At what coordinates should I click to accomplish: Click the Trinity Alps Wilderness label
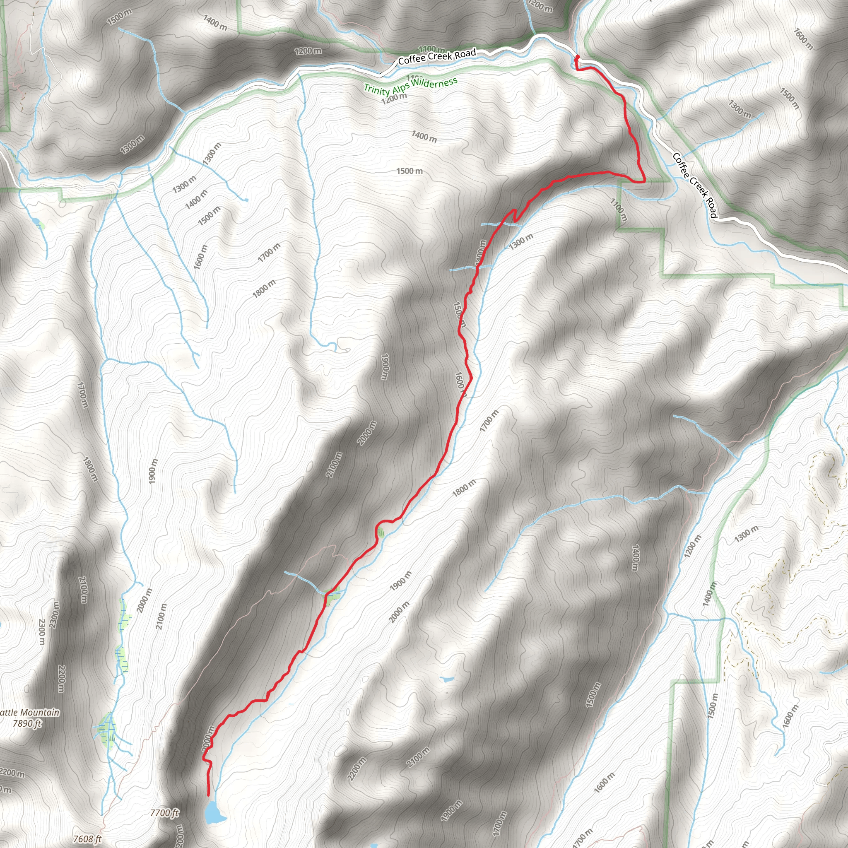pyautogui.click(x=410, y=86)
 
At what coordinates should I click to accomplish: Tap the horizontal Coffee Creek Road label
pyautogui.click(x=437, y=57)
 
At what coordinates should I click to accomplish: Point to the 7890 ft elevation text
pyautogui.click(x=27, y=723)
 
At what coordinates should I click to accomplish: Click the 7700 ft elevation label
pyautogui.click(x=164, y=812)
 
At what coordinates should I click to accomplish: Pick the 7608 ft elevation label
pyautogui.click(x=87, y=839)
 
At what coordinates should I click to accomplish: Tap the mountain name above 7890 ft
pyautogui.click(x=29, y=712)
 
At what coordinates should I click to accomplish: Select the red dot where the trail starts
pyautogui.click(x=577, y=57)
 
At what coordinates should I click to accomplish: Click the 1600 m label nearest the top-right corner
pyautogui.click(x=803, y=39)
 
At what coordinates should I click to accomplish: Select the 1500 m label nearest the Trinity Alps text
pyautogui.click(x=410, y=171)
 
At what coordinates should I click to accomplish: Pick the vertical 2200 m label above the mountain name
pyautogui.click(x=61, y=679)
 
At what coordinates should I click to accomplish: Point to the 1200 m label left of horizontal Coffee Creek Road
pyautogui.click(x=307, y=51)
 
